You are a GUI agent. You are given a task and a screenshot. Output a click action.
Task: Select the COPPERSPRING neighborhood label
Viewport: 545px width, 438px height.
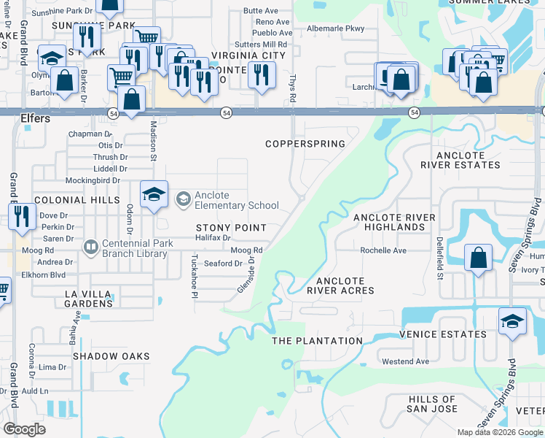(305, 144)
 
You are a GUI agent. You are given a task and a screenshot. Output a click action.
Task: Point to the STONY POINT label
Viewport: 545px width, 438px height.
(231, 228)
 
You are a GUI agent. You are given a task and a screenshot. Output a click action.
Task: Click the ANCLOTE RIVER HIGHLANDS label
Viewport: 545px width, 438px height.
(394, 223)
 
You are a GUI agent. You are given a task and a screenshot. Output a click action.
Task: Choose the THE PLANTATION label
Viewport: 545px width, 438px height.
(317, 341)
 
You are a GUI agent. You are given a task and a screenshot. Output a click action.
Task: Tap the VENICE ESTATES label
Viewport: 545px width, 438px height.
(443, 334)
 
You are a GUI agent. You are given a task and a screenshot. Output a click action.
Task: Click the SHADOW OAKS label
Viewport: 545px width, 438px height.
(111, 356)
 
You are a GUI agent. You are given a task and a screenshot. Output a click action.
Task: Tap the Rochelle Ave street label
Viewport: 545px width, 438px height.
(383, 250)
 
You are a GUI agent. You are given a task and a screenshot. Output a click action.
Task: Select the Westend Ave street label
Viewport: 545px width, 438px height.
(405, 361)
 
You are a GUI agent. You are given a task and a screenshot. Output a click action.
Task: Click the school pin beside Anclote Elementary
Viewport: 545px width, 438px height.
(154, 195)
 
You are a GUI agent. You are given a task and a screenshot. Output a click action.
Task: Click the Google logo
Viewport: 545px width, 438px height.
(24, 430)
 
